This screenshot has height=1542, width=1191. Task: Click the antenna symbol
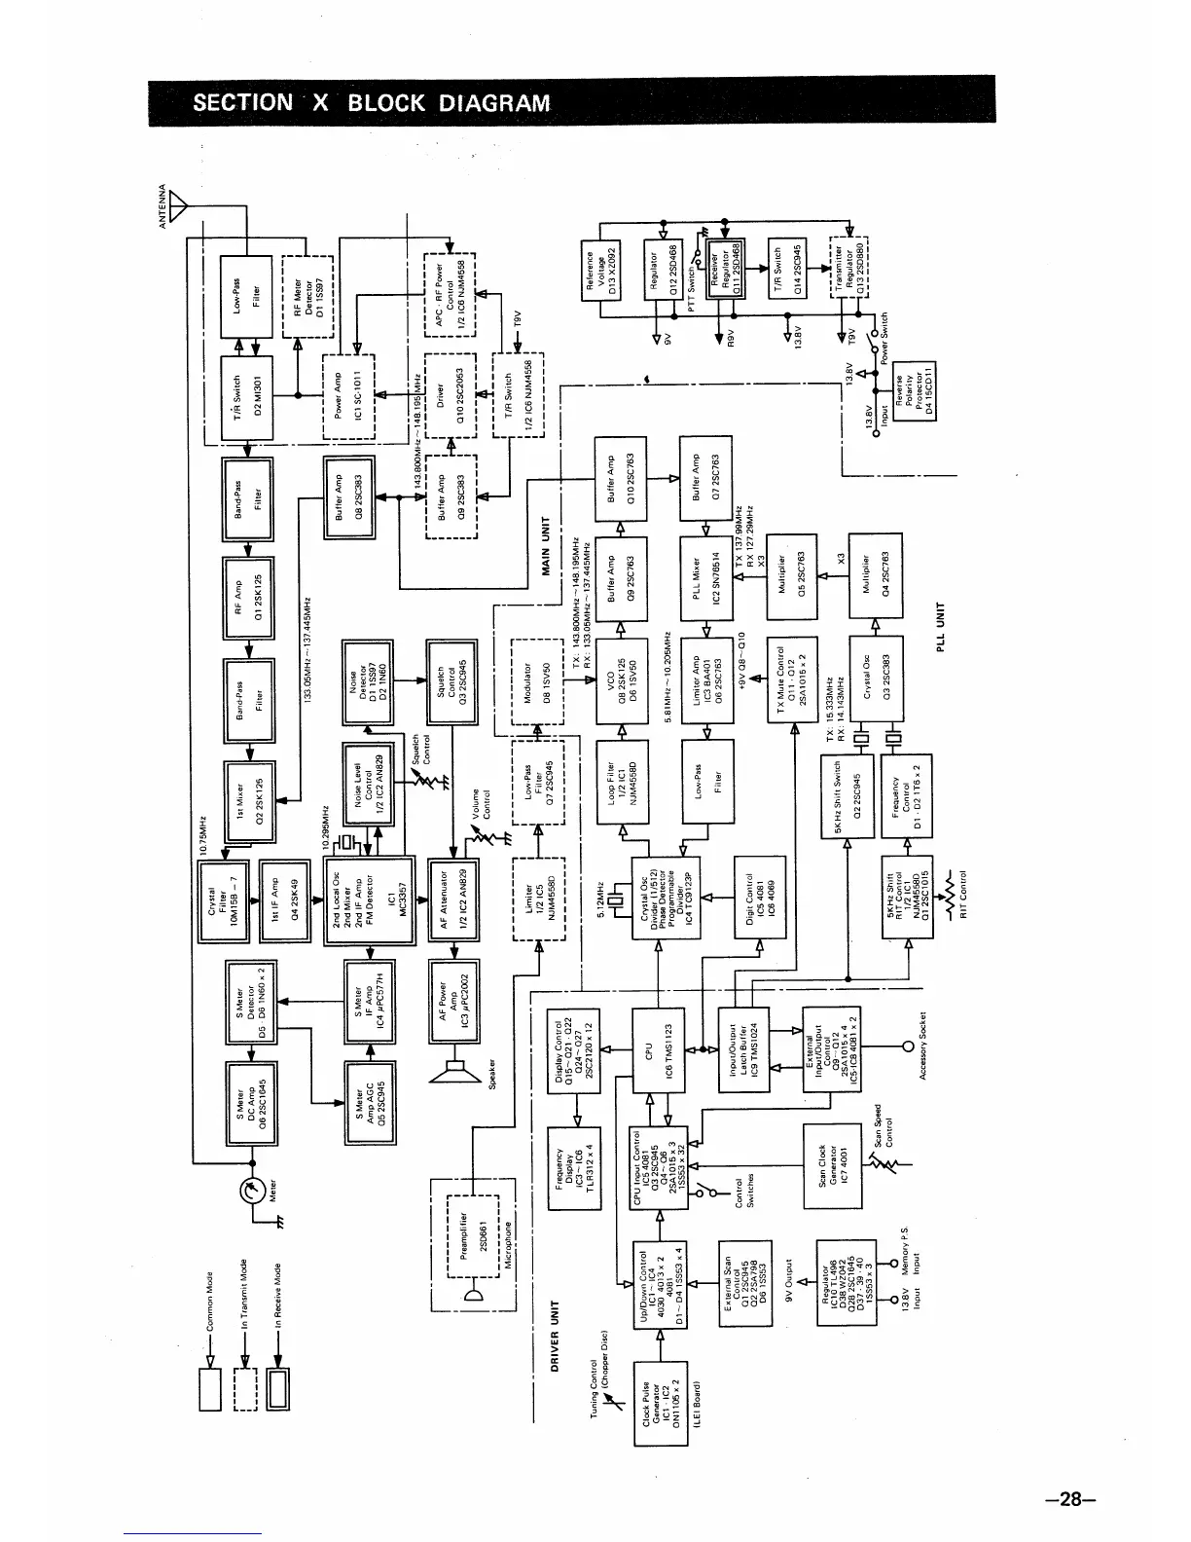coord(178,206)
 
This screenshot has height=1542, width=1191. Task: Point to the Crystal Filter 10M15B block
coord(224,899)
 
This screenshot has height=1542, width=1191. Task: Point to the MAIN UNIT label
coord(545,550)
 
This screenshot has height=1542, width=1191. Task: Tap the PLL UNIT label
coord(941,630)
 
